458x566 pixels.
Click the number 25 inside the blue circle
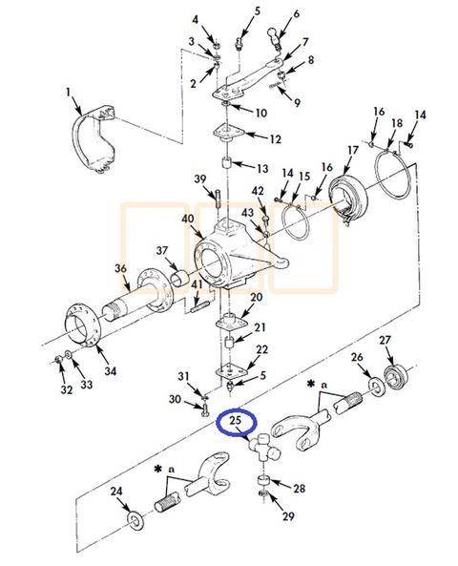click(235, 419)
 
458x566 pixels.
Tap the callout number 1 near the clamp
click(69, 92)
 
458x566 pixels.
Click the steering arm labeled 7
click(250, 78)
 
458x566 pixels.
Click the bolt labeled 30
click(205, 411)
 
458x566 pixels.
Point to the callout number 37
click(162, 251)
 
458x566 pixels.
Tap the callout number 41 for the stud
click(196, 285)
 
